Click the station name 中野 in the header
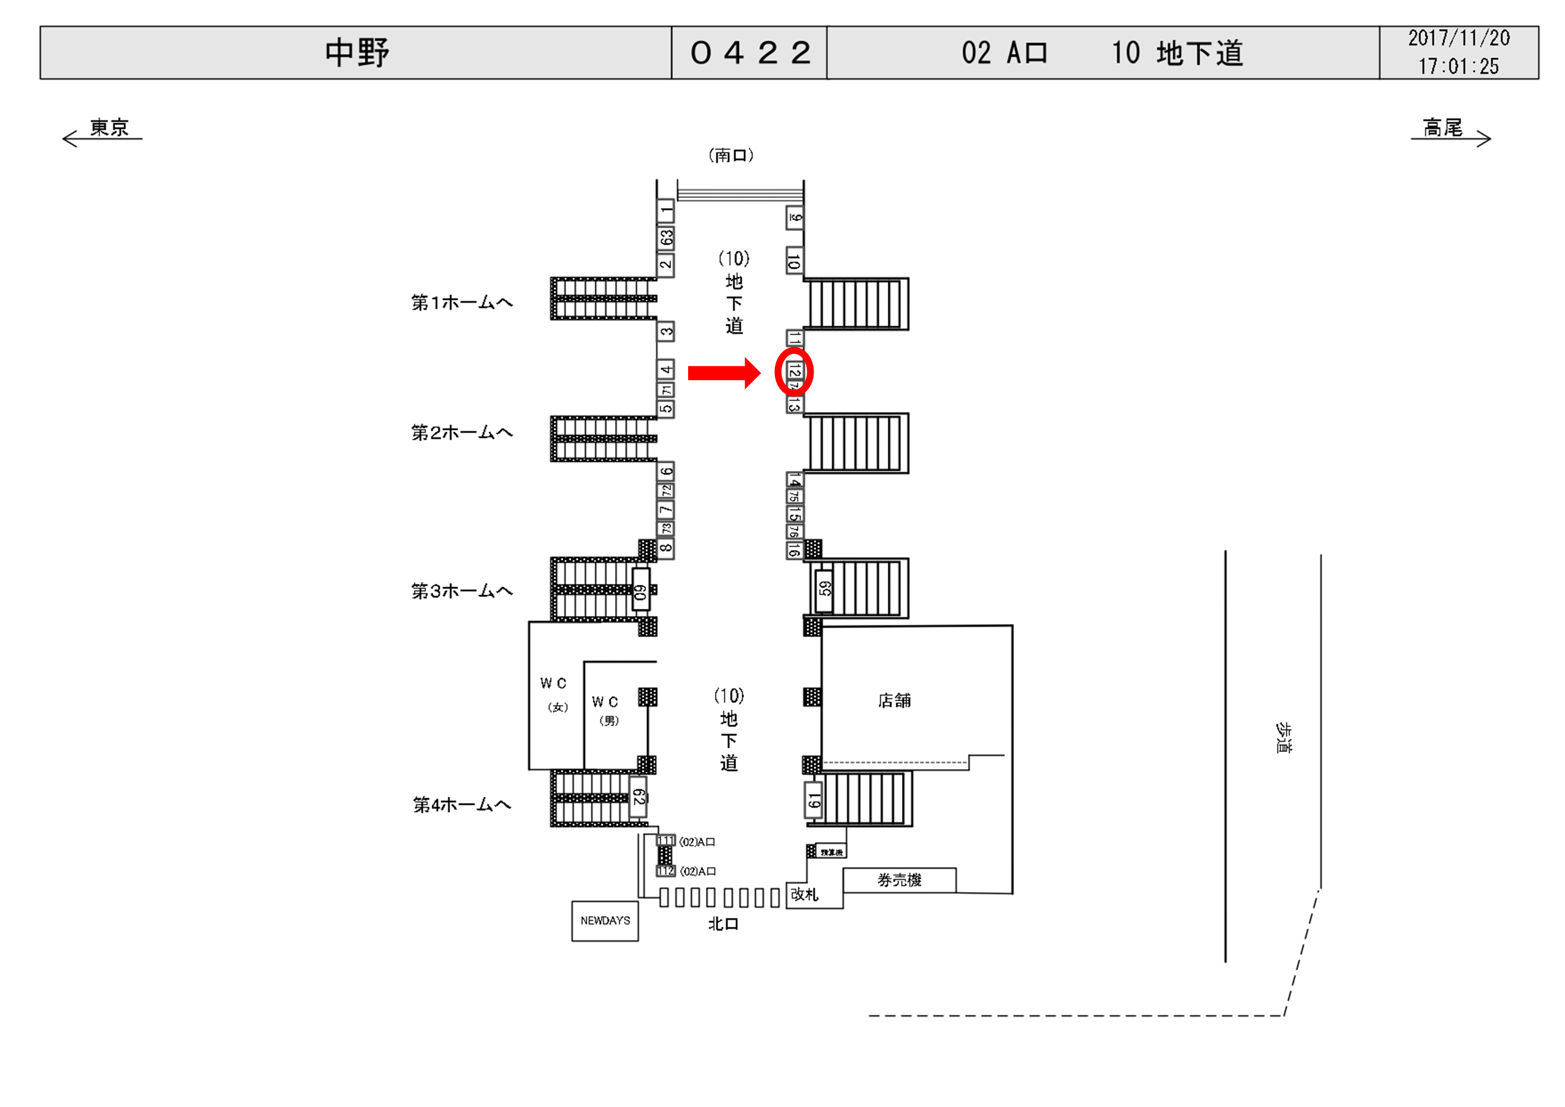click(x=356, y=53)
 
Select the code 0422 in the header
click(x=750, y=53)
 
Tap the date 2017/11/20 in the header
click(x=1458, y=38)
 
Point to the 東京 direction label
click(x=109, y=128)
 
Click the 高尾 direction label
click(x=1442, y=128)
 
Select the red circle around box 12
click(x=794, y=372)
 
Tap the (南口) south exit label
click(x=731, y=156)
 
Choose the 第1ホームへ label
click(x=461, y=302)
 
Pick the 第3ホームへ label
click(x=461, y=591)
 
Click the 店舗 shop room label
click(x=895, y=700)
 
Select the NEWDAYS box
click(x=604, y=921)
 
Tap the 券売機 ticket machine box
click(x=899, y=880)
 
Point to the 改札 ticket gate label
click(x=804, y=894)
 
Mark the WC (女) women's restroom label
click(x=554, y=694)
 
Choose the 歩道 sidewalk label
click(x=1283, y=738)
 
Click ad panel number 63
click(x=666, y=238)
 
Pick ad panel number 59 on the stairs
click(x=824, y=588)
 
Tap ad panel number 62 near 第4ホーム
click(x=638, y=797)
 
